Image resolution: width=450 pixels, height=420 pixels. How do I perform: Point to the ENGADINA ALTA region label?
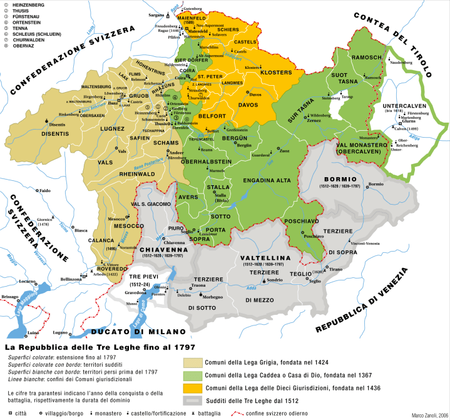click(267, 180)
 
